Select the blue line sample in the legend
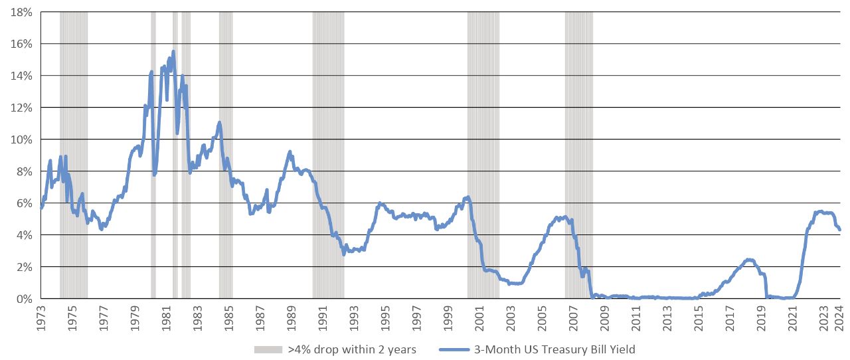tap(458, 349)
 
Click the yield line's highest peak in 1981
tap(173, 51)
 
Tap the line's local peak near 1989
tap(290, 152)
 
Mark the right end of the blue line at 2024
tap(840, 230)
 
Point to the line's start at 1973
tap(41, 207)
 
